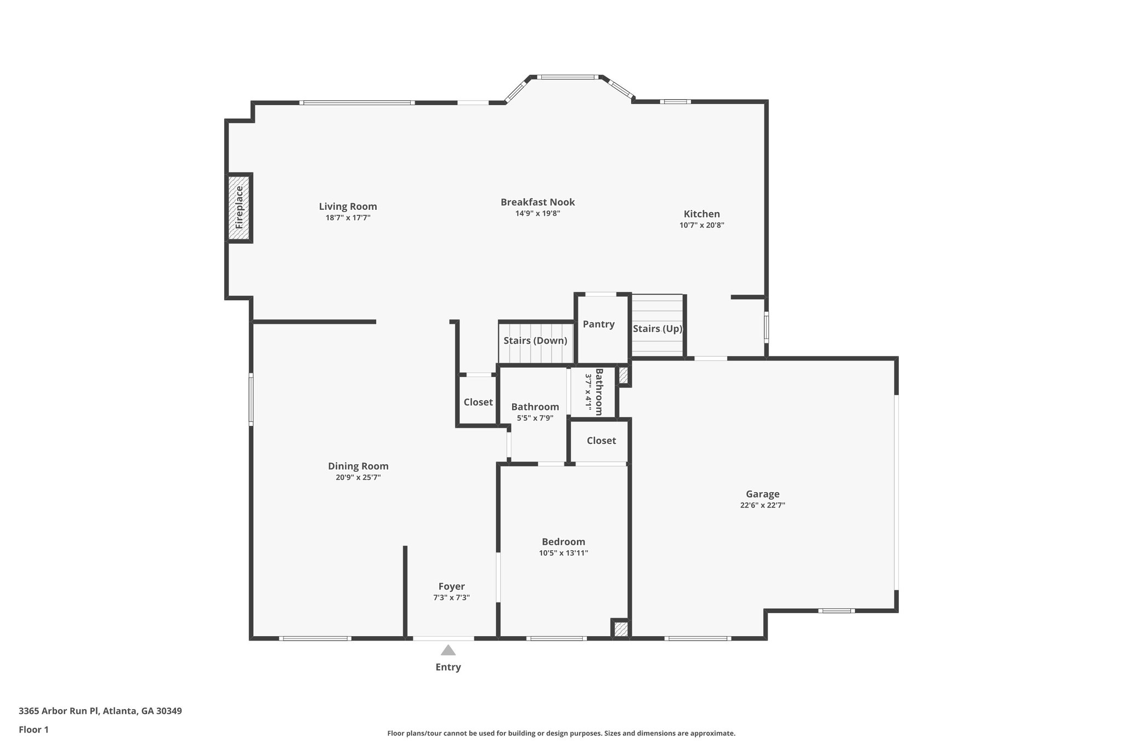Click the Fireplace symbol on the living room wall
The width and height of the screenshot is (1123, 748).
click(x=239, y=208)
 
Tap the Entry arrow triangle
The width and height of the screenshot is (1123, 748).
click(x=448, y=650)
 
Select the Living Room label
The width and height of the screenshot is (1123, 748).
click(x=348, y=207)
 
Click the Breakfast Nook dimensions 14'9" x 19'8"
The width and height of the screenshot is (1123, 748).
click(x=537, y=214)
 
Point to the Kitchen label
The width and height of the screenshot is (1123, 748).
click(x=701, y=214)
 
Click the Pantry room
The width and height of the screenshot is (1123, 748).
click(x=599, y=324)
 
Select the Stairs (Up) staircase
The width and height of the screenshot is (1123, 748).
click(x=657, y=328)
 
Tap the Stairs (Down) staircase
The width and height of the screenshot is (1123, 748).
click(x=535, y=341)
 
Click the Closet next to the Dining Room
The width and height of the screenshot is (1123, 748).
click(x=478, y=402)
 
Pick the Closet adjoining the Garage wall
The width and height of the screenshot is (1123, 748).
click(x=601, y=441)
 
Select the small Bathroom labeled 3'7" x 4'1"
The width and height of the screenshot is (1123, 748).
click(x=594, y=391)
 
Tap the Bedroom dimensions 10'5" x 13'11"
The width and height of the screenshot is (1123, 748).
click(x=563, y=553)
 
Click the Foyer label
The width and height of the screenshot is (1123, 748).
click(x=451, y=586)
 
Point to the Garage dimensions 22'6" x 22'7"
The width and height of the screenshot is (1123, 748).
click(x=762, y=505)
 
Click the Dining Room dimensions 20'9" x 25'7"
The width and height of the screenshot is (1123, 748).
click(x=358, y=477)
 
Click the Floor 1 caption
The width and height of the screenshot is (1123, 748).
click(x=33, y=729)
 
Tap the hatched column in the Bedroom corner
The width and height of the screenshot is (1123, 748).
click(x=620, y=629)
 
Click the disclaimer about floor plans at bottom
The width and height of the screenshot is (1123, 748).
click(x=561, y=733)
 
